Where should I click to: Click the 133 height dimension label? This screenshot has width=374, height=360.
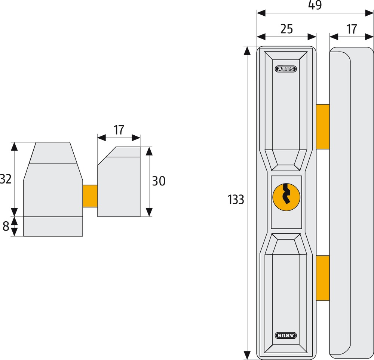click(x=236, y=200)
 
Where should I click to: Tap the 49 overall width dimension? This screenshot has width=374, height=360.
click(x=315, y=5)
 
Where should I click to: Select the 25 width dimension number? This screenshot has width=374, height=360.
click(x=286, y=29)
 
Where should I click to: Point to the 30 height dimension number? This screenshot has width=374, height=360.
click(x=159, y=181)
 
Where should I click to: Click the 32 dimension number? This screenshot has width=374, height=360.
click(x=5, y=179)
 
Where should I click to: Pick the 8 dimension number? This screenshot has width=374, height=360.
click(x=6, y=226)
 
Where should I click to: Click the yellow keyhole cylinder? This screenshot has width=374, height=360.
click(x=286, y=197)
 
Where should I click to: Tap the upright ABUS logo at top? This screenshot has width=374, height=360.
click(x=286, y=69)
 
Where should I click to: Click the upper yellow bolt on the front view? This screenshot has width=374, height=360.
click(x=323, y=127)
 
